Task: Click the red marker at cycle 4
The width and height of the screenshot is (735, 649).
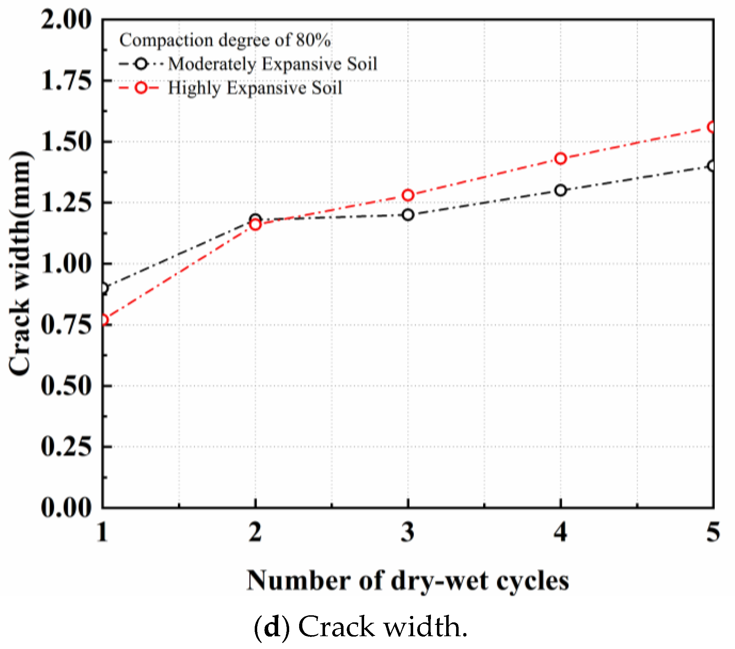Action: [560, 158]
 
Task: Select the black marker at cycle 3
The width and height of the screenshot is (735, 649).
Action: [407, 215]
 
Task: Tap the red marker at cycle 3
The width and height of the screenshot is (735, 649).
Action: [407, 195]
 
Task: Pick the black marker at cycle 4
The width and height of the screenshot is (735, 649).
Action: [560, 190]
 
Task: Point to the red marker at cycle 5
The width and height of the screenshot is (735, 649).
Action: [712, 127]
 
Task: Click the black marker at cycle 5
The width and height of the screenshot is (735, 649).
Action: [712, 166]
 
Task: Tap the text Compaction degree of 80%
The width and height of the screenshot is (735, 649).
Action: [225, 40]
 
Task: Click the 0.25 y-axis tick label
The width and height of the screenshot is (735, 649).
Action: [66, 447]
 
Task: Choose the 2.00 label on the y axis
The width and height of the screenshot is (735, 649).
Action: [66, 20]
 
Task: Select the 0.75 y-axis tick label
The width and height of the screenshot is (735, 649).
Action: [66, 325]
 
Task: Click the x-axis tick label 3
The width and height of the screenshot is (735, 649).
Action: [407, 532]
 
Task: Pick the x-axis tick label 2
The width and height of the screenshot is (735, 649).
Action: [255, 532]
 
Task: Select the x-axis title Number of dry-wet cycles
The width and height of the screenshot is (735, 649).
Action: [407, 581]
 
